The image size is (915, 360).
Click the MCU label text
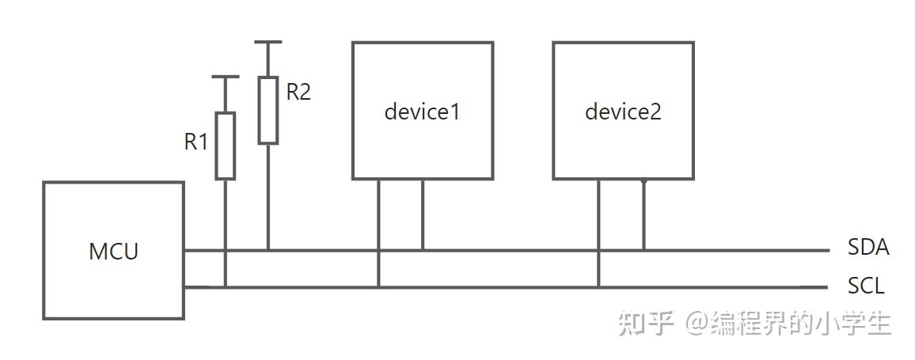113,252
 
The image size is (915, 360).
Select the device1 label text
422,112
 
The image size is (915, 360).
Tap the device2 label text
623,112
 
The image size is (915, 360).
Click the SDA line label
868,248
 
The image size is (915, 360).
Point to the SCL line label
866,286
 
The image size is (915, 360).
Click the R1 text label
196,142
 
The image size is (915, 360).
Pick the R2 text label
298,92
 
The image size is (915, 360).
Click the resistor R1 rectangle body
226,146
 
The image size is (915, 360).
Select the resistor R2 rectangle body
268,110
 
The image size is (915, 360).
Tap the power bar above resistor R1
226,78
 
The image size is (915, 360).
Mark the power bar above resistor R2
268,43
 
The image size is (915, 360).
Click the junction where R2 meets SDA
268,250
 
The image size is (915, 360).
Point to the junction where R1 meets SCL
226,286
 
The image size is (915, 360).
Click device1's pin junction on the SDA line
422,250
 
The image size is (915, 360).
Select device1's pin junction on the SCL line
378,286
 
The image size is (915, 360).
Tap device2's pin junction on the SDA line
643,250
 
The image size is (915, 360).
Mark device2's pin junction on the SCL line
598,286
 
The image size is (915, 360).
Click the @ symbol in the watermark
697,324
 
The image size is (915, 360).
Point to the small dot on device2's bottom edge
643,180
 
